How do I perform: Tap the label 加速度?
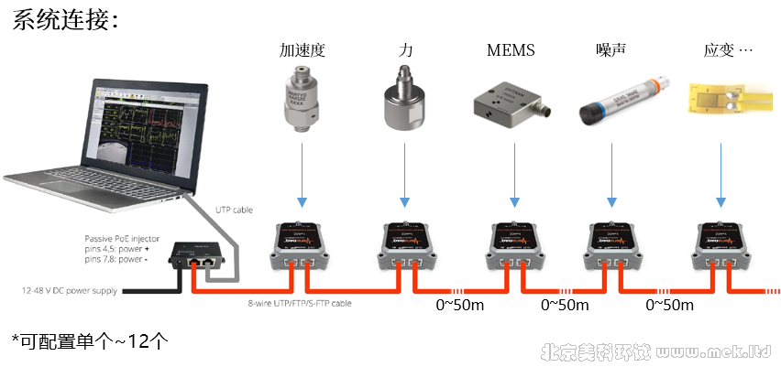click(302, 50)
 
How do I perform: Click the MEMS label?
click(511, 50)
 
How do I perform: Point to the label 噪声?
click(610, 50)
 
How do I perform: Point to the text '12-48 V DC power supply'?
click(68, 290)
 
